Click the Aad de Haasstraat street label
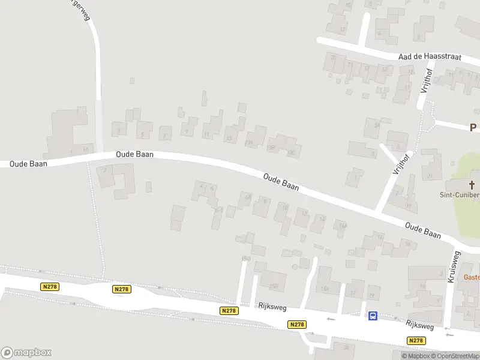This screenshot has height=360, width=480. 430,56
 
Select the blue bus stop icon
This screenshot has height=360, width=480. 373,316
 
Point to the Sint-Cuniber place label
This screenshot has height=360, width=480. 460,195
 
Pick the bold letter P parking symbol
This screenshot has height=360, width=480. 473,127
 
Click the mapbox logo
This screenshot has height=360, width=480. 26,353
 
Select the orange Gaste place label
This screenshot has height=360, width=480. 472,277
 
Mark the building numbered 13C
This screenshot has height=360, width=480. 292,152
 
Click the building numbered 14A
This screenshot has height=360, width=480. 343,226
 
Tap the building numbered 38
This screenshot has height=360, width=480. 346,348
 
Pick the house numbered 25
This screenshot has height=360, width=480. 334,58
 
